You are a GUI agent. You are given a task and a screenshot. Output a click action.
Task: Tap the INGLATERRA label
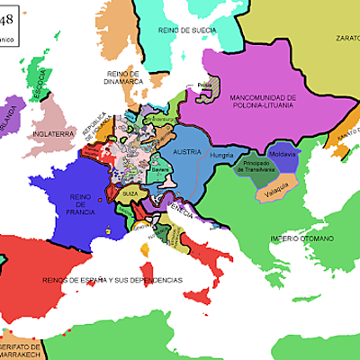pyautogui.click(x=54, y=133)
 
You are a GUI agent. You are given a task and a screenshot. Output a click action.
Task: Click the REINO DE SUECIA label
pyautogui.click(x=187, y=31)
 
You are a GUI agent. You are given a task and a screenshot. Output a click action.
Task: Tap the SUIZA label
pyautogui.click(x=130, y=193)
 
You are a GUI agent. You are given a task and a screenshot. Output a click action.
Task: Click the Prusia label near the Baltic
pyautogui.click(x=203, y=88)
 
